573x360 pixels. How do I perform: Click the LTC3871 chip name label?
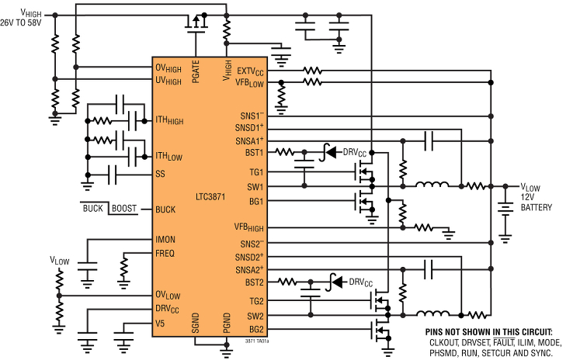click(x=210, y=197)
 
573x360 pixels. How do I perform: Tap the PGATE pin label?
click(x=196, y=71)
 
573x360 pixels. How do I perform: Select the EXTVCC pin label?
click(x=250, y=71)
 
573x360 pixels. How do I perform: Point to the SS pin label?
click(x=160, y=174)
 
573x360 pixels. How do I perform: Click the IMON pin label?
click(x=165, y=240)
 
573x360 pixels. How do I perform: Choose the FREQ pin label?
click(x=165, y=254)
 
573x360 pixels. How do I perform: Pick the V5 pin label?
click(x=160, y=324)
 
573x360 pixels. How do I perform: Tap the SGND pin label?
click(x=196, y=323)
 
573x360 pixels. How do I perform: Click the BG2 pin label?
click(x=256, y=329)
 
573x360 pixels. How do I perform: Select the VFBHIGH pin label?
click(x=248, y=227)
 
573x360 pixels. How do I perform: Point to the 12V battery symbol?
click(x=505, y=211)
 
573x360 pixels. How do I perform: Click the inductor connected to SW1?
click(x=432, y=185)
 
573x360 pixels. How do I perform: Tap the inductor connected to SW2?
click(x=433, y=313)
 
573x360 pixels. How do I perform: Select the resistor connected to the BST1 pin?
click(x=284, y=151)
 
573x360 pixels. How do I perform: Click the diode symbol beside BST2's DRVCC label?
click(x=336, y=282)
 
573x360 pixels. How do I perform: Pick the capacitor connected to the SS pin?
click(x=113, y=174)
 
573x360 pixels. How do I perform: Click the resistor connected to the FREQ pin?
click(x=124, y=267)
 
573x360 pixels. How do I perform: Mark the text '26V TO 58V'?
click(x=21, y=23)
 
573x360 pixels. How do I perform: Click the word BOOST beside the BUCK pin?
click(x=124, y=209)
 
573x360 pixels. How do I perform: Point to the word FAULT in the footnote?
click(x=504, y=343)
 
